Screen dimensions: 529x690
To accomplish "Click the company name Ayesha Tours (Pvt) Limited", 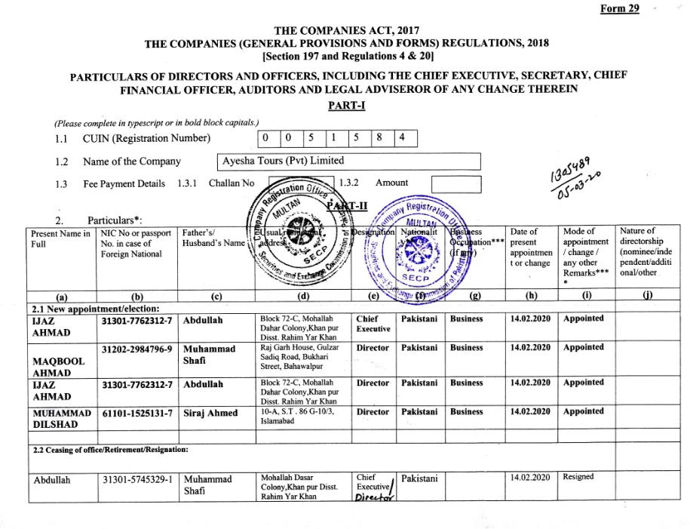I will pos(284,161).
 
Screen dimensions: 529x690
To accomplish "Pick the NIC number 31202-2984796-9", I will pos(137,349).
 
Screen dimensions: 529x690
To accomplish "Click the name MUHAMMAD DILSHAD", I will pos(60,419).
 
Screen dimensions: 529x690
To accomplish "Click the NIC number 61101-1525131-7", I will pos(137,412).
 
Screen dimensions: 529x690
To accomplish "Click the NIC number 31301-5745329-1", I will pos(137,479).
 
